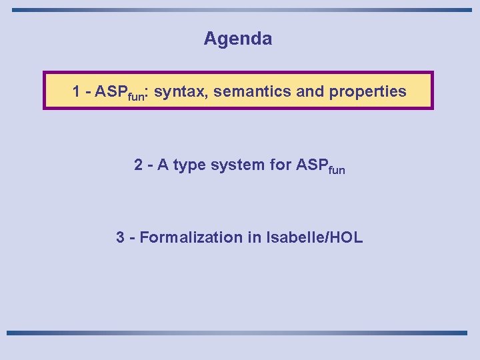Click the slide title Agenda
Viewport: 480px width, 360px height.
coord(238,39)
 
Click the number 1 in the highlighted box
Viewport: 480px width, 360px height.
coord(77,91)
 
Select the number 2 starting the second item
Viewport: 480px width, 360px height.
coord(138,165)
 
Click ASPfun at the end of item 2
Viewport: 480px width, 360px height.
coord(320,165)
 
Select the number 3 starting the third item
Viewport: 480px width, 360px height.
coord(120,237)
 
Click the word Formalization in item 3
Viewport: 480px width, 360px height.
coord(187,237)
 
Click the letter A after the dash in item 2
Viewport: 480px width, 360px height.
coord(161,165)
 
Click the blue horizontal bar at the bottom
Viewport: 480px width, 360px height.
coord(237,332)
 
